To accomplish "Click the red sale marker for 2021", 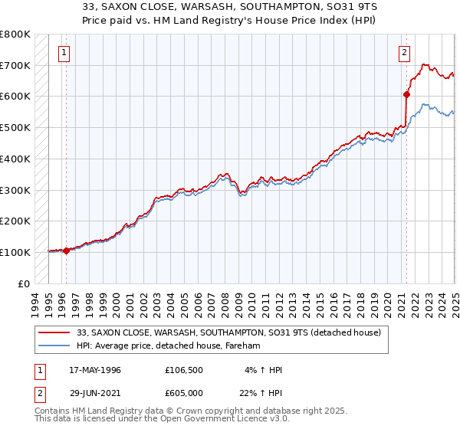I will pyautogui.click(x=406, y=95).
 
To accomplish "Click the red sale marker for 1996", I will pyautogui.click(x=66, y=251).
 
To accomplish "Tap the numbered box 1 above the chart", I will pyautogui.click(x=63, y=53).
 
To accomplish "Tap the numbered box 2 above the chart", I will pyautogui.click(x=404, y=53).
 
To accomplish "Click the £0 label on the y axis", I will pyautogui.click(x=24, y=283).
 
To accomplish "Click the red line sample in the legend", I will pyautogui.click(x=54, y=332).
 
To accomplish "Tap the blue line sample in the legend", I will pyautogui.click(x=54, y=345).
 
